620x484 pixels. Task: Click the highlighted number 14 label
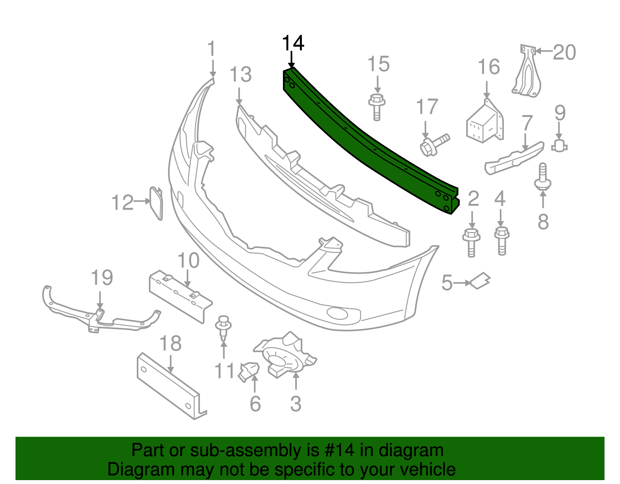(x=293, y=43)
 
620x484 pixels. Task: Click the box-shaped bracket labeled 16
(x=485, y=122)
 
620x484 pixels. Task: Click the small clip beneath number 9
(x=559, y=146)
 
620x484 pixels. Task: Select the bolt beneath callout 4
(x=501, y=240)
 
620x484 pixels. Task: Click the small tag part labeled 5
(x=480, y=281)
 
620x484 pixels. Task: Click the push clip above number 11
(x=223, y=327)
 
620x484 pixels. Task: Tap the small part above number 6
(x=248, y=371)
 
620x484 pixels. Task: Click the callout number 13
(x=240, y=75)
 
